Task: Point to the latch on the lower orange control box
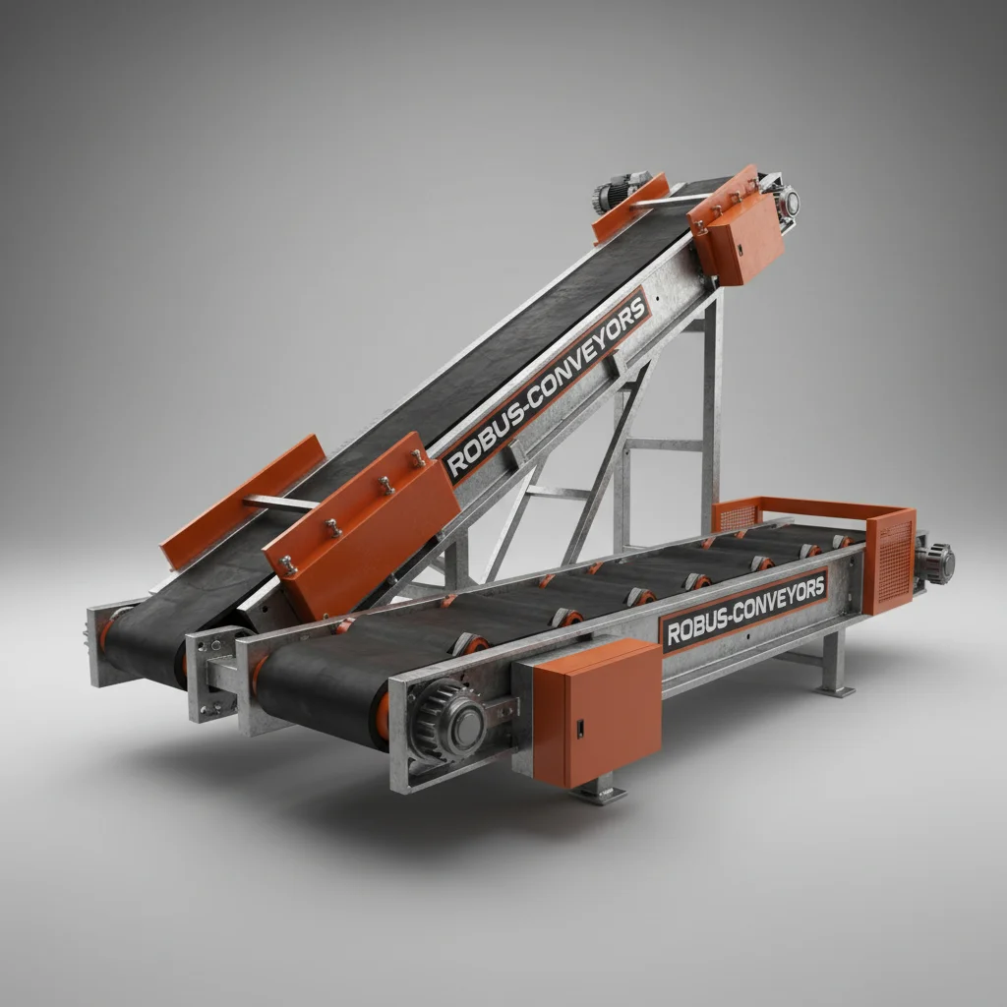tap(579, 729)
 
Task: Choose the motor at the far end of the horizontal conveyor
tap(936, 563)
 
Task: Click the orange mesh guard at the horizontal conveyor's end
tap(890, 562)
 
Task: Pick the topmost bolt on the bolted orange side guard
tap(418, 457)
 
